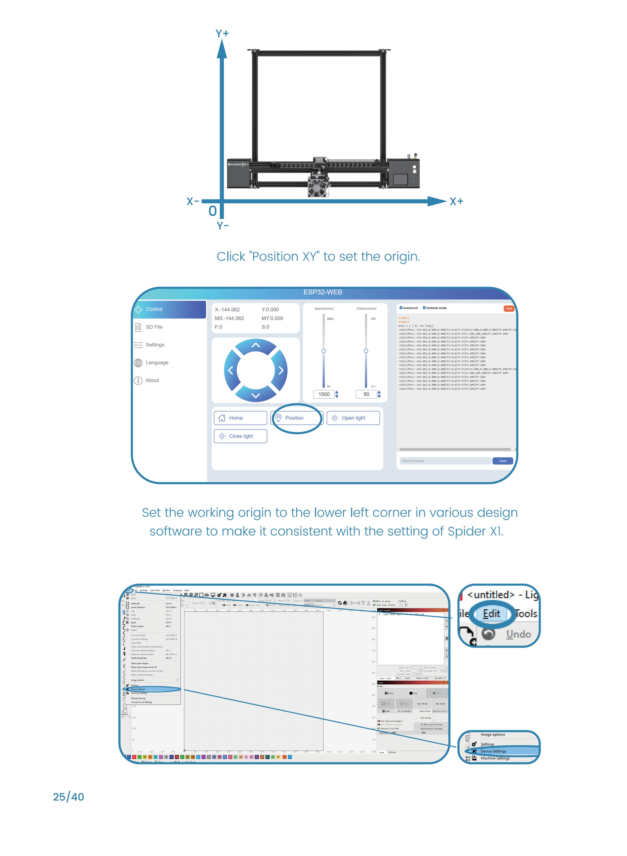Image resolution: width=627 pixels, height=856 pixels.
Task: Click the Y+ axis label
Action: (x=222, y=33)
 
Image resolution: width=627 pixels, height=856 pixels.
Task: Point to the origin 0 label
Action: (x=213, y=211)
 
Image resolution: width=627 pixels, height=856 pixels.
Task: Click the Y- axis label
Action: (x=222, y=226)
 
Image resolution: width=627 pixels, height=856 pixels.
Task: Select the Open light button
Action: (x=353, y=418)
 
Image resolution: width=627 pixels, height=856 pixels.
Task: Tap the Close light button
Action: (x=240, y=436)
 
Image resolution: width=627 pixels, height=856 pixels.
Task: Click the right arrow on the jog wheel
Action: (x=281, y=370)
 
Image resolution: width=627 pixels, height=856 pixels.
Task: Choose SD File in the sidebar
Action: (x=154, y=327)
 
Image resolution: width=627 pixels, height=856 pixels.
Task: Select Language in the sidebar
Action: (x=156, y=363)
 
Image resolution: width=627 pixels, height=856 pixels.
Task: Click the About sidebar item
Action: (x=152, y=380)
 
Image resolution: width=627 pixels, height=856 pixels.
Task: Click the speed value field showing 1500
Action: (x=324, y=394)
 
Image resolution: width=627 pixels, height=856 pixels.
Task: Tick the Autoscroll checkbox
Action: (x=401, y=308)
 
